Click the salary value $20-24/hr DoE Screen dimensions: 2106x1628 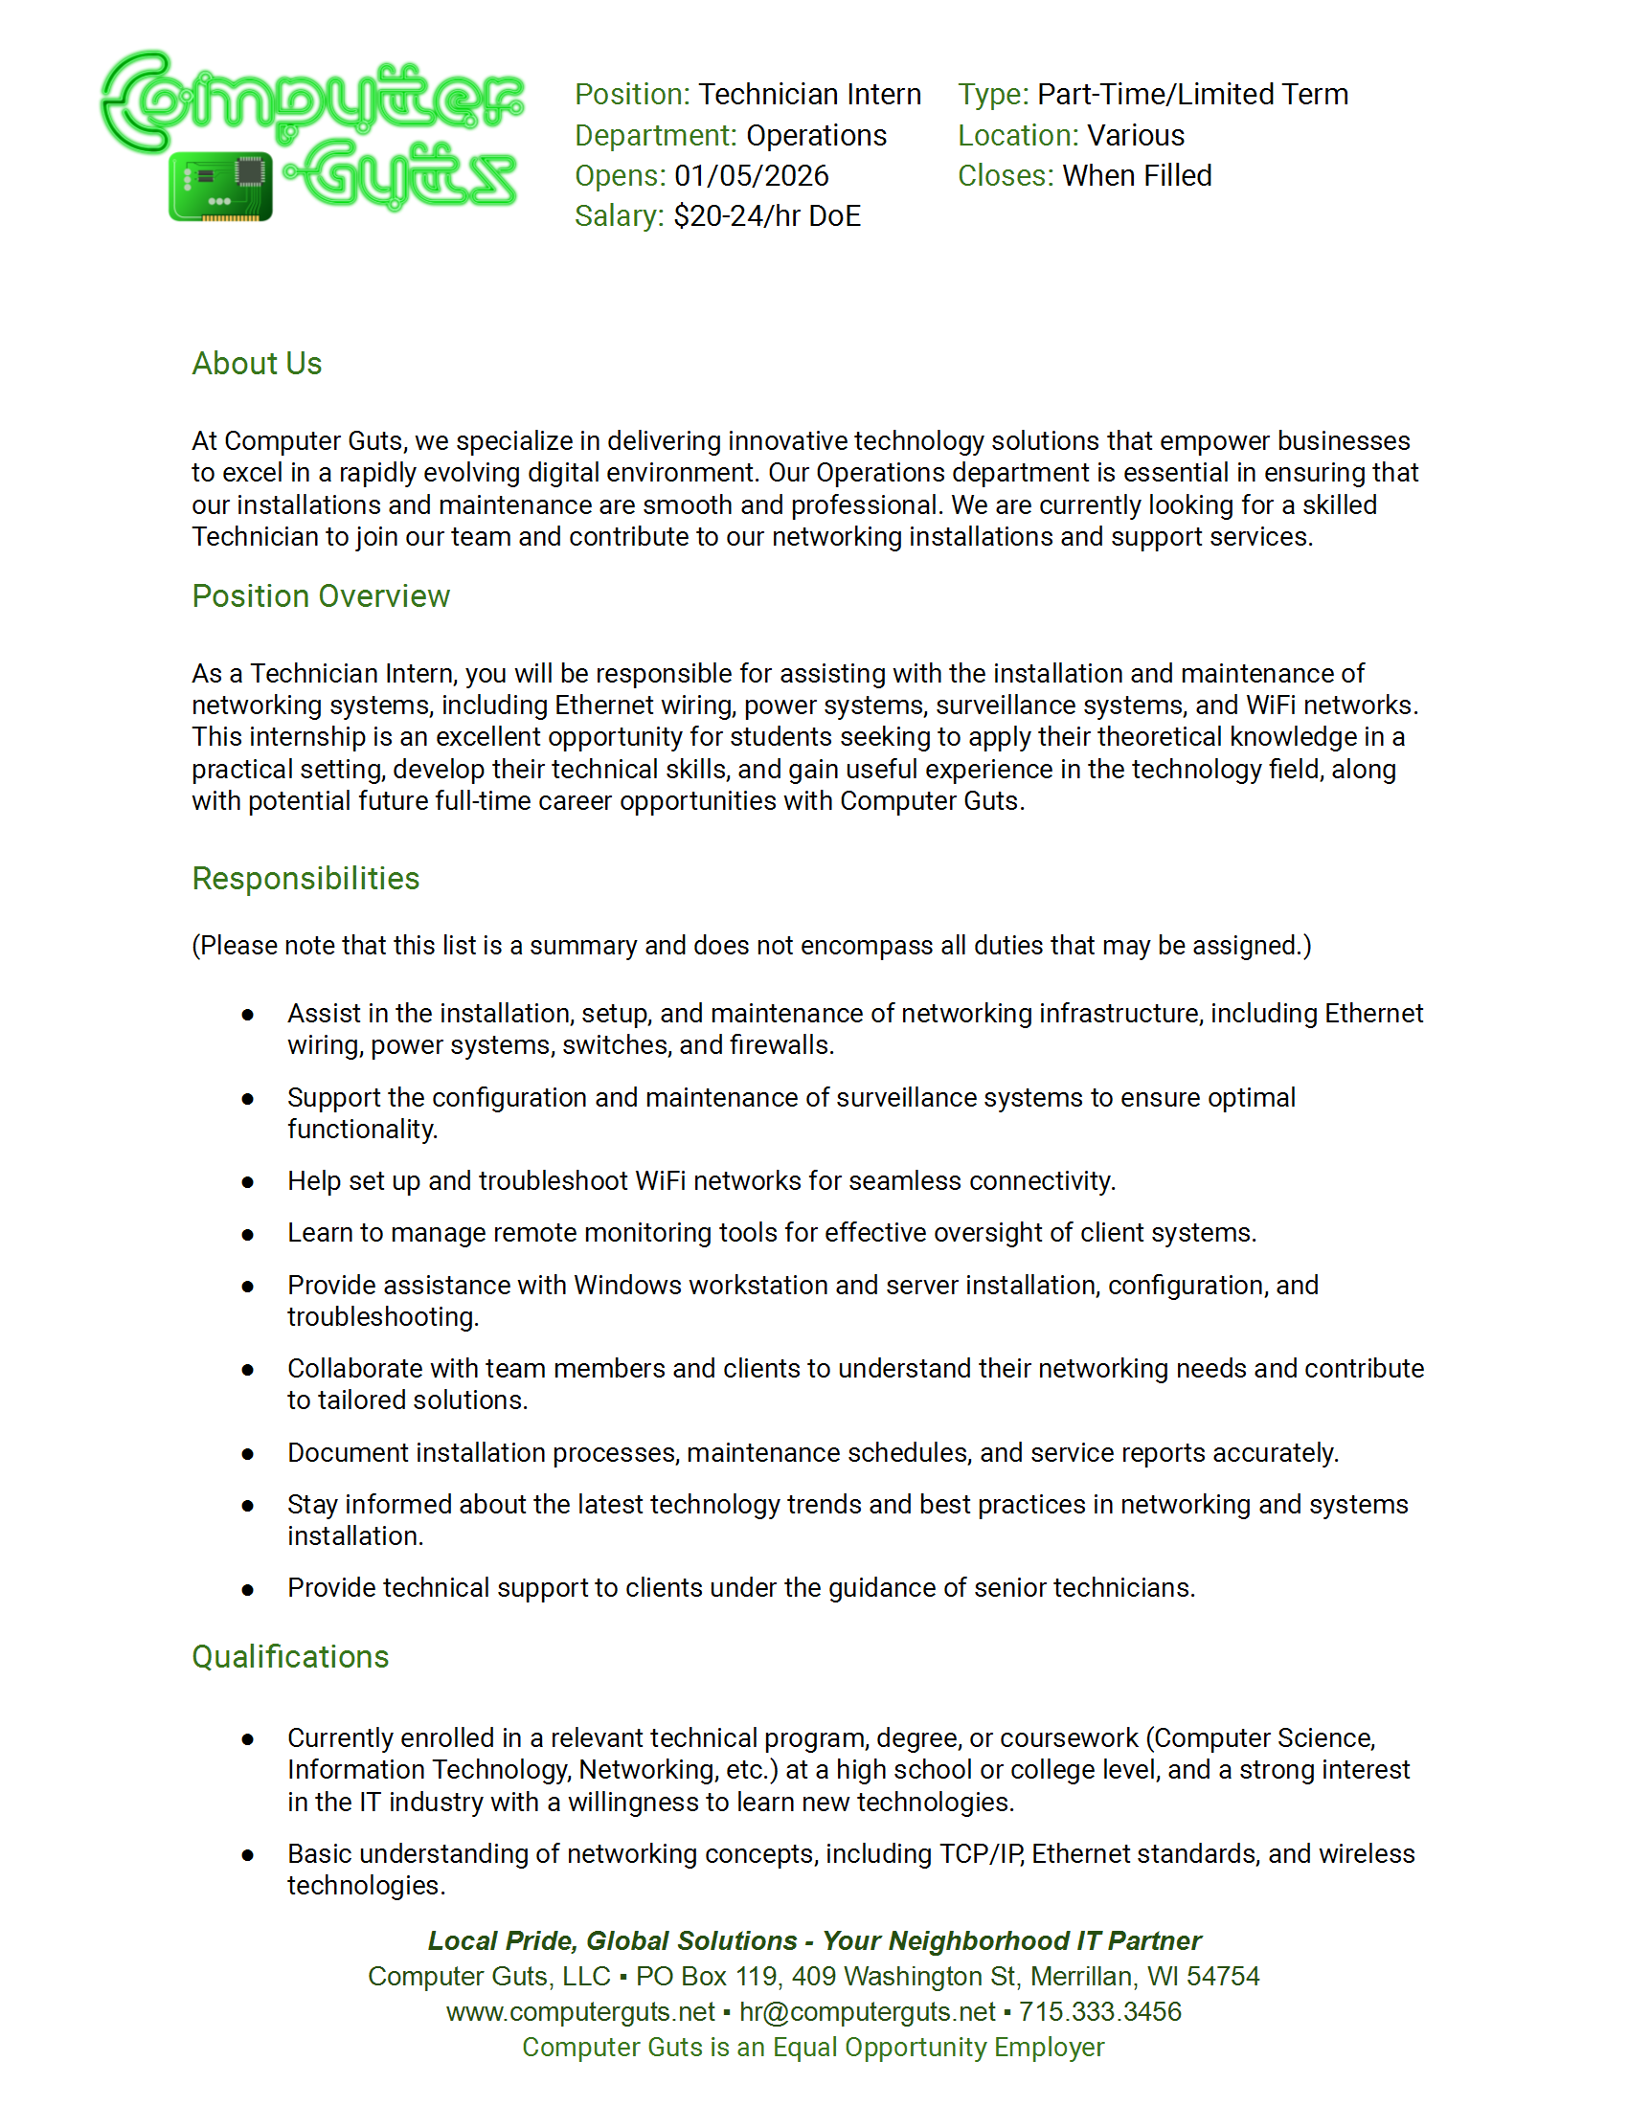pos(767,217)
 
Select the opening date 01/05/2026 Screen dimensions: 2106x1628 pos(752,176)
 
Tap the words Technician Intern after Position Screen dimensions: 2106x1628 pos(809,95)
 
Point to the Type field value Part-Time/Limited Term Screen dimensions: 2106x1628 pos(1192,95)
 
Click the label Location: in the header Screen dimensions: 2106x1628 pos(1017,136)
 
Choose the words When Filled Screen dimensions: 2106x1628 pos(1136,176)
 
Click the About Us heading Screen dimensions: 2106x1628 pos(257,364)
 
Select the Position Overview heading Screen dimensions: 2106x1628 pos(320,597)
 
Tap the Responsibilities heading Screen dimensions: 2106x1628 pos(305,879)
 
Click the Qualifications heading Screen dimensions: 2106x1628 pos(290,1657)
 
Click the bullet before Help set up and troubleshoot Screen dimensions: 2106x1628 pos(248,1182)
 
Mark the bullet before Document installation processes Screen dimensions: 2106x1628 pos(248,1454)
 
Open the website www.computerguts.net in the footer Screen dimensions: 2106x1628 pos(580,2012)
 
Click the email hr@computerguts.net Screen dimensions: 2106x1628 pos(867,2012)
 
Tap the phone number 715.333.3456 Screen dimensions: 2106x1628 pos(1099,2012)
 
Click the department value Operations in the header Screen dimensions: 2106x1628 pos(816,136)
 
